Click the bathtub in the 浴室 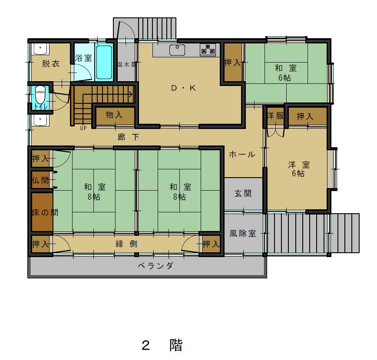point(104,62)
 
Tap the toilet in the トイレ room point(40,95)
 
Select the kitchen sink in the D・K point(177,50)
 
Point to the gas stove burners point(208,50)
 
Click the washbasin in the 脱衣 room point(40,49)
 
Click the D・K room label point(183,88)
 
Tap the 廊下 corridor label point(129,137)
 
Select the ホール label point(242,154)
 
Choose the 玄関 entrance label point(243,193)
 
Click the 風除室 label point(243,233)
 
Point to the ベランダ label point(155,266)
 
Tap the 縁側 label point(126,244)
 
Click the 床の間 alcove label point(45,212)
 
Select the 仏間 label point(40,180)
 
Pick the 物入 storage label point(114,115)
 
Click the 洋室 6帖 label point(299,169)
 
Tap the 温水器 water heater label point(127,64)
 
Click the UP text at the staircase point(83,128)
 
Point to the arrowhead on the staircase point(131,94)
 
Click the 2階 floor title point(162,345)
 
